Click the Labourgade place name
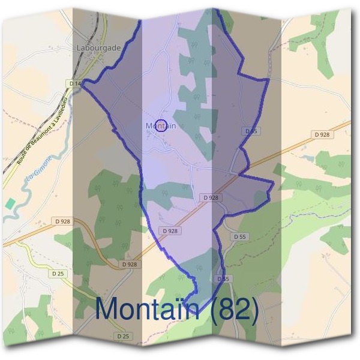(99, 47)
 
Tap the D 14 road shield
(75, 83)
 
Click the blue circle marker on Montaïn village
(160, 125)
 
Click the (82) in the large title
(230, 310)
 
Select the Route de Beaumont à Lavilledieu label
(41, 130)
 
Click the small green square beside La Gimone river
(9, 203)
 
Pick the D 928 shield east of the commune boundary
(322, 135)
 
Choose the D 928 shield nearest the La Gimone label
(61, 220)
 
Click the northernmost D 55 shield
(251, 131)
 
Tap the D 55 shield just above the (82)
(223, 279)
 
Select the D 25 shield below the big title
(123, 336)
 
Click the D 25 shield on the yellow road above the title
(58, 274)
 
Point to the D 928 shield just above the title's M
(129, 264)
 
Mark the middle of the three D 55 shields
(239, 237)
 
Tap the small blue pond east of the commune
(310, 158)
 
